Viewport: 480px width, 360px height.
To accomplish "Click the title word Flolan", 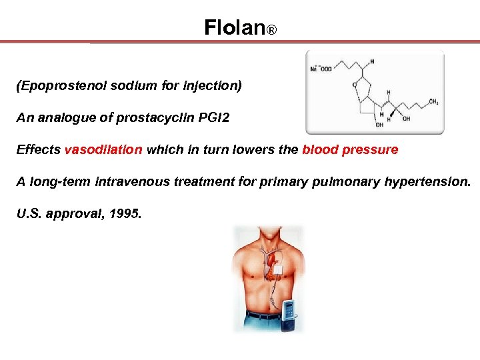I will (234, 27).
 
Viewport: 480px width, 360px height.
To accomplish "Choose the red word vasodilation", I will (103, 150).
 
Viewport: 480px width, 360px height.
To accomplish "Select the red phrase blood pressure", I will (350, 150).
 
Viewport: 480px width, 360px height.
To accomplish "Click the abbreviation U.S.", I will (29, 214).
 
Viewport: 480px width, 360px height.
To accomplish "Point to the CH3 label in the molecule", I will (433, 103).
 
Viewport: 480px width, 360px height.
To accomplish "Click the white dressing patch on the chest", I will (278, 269).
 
